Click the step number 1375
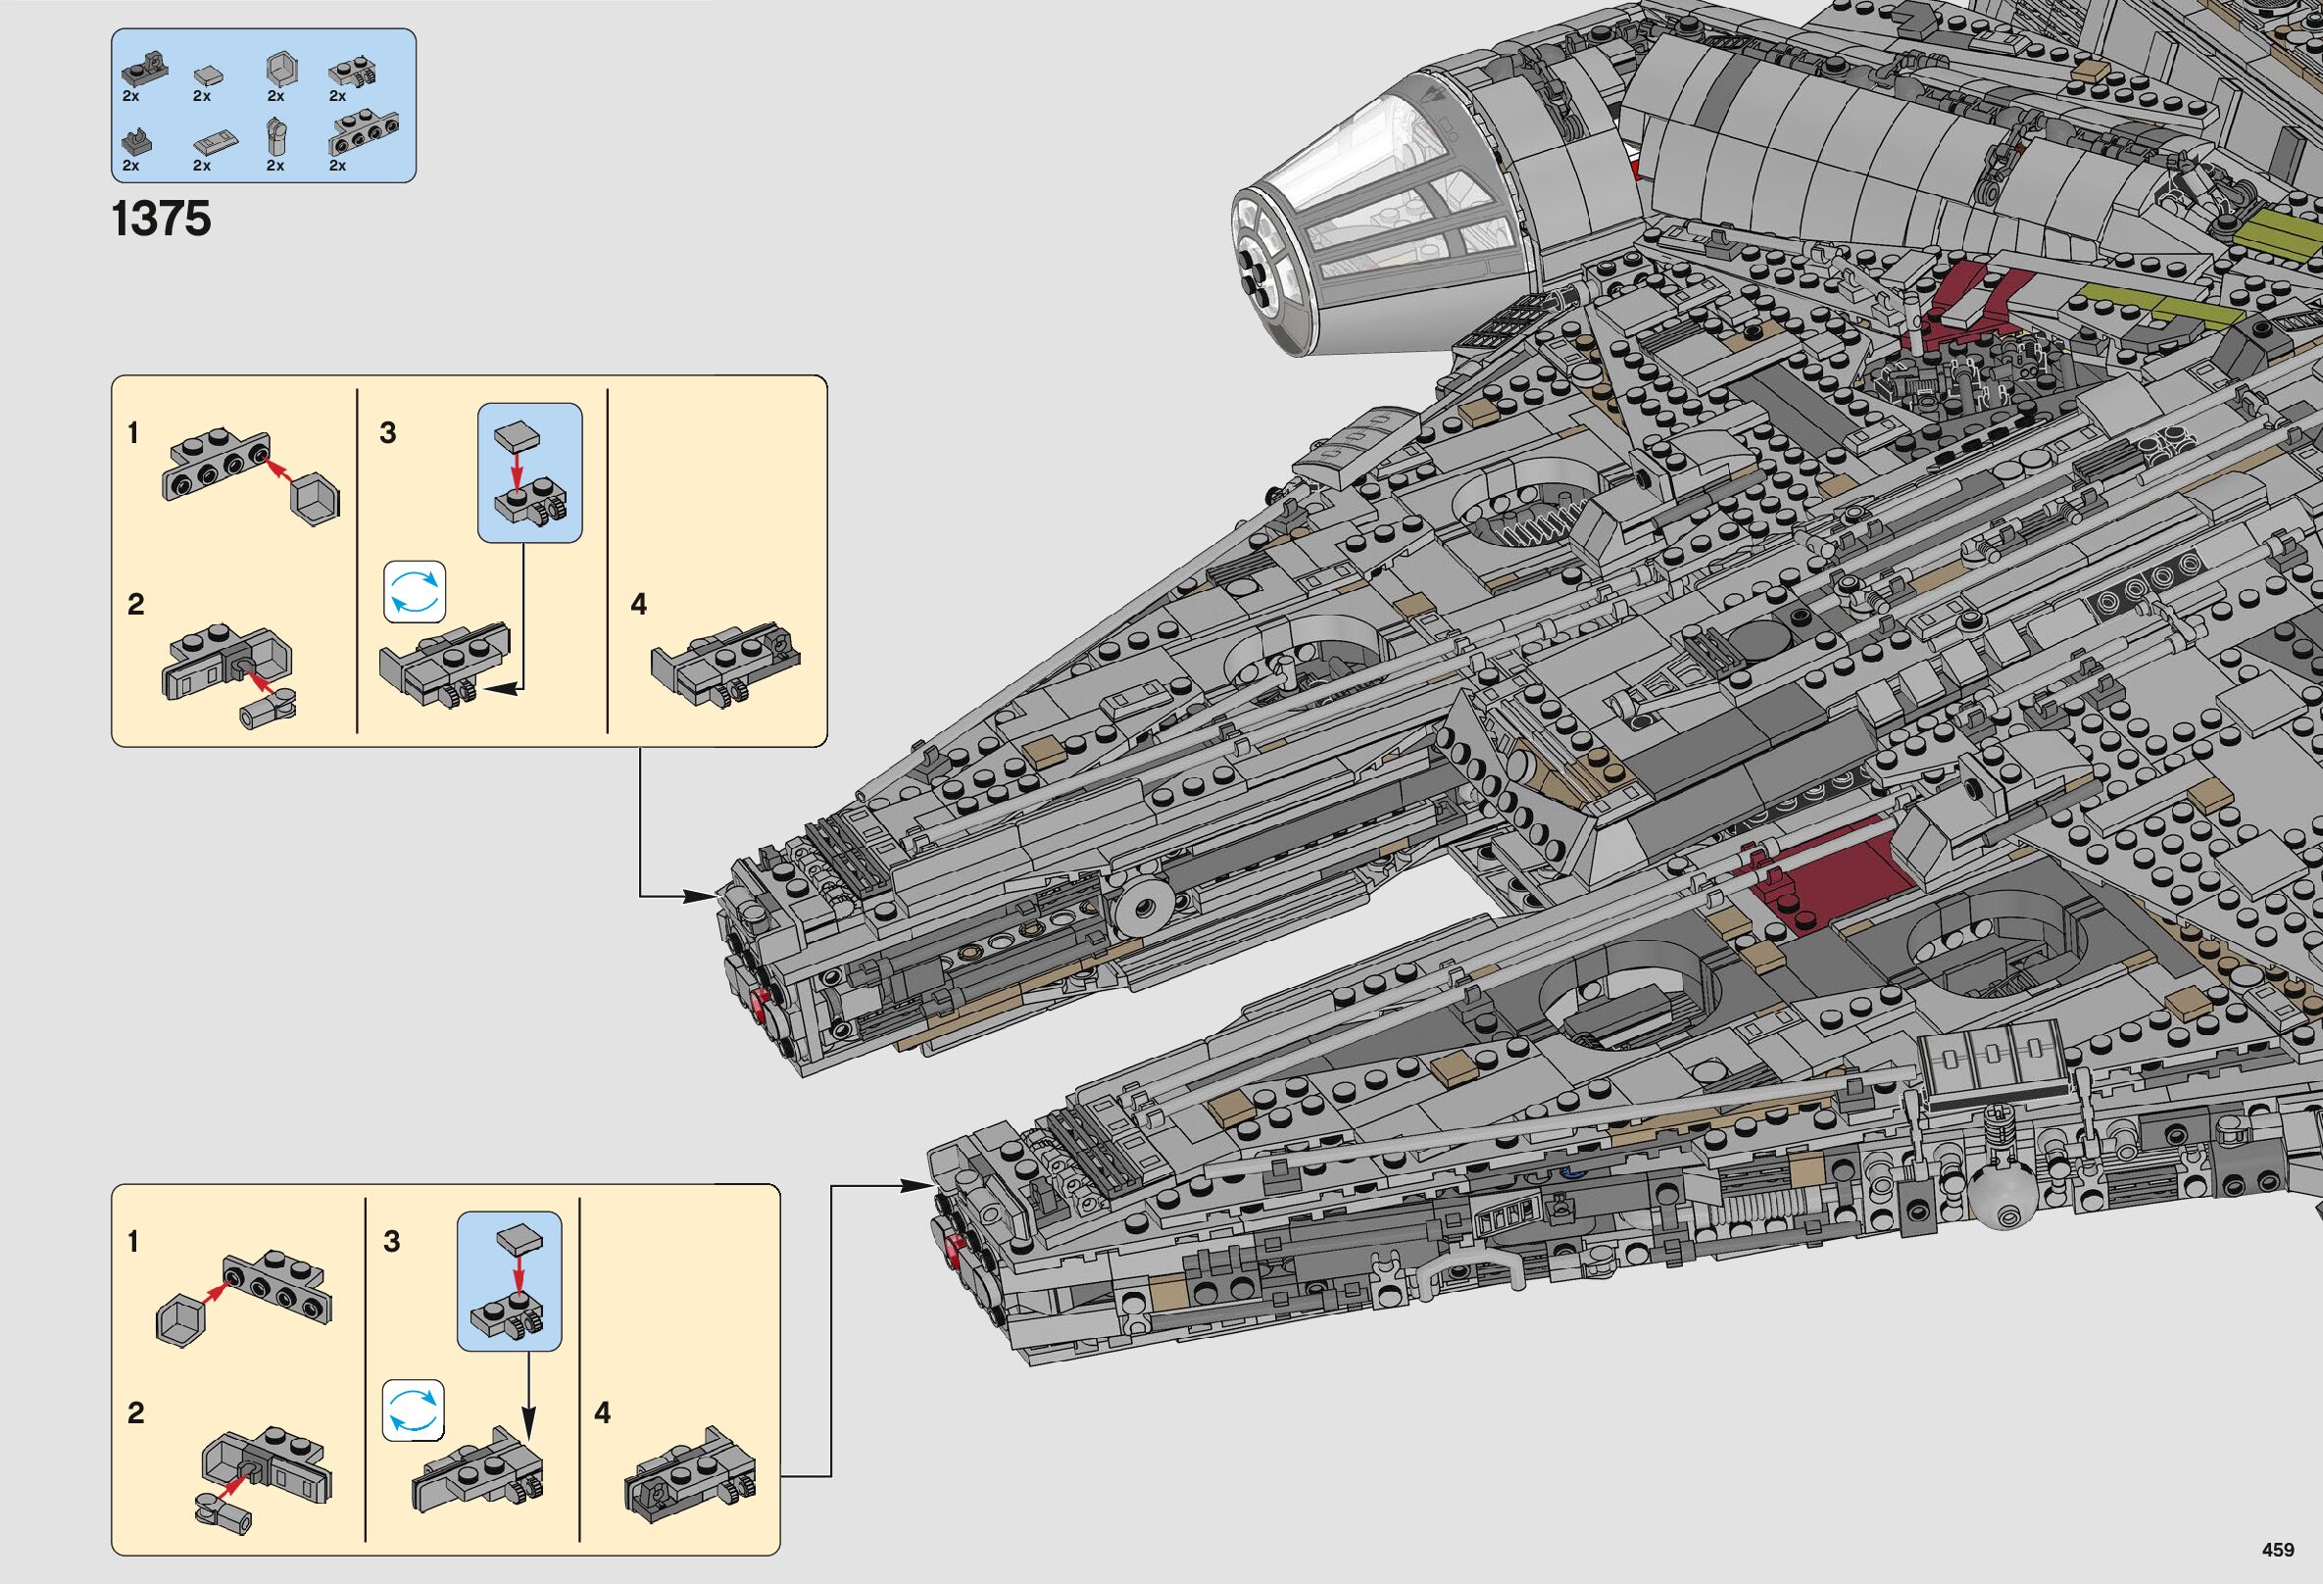[161, 219]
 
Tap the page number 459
[2278, 1550]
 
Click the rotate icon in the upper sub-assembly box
[415, 592]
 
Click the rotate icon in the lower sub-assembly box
[413, 1411]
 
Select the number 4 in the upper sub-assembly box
[639, 604]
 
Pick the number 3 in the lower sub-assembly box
[392, 1241]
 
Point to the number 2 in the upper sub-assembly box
[136, 604]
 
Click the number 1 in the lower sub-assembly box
[133, 1241]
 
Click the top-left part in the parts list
[143, 71]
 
